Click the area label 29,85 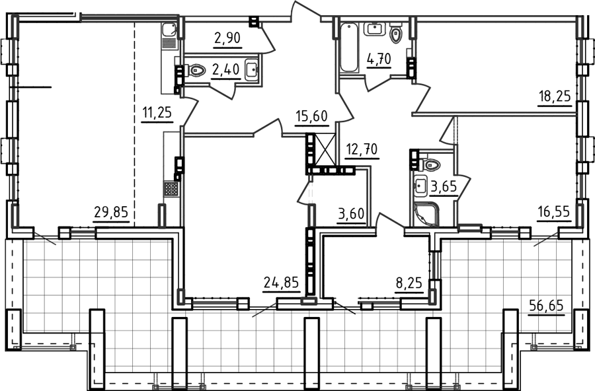111,213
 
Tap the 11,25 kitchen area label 157,113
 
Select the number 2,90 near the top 227,38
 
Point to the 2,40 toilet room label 226,70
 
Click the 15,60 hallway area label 312,116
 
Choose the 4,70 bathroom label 379,59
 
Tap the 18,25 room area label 555,96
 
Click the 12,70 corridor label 362,150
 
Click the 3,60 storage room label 351,214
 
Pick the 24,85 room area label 282,283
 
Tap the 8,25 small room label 409,283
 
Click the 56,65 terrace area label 547,305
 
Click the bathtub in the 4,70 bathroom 348,48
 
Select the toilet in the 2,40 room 196,70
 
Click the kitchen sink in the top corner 169,30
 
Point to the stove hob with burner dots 171,188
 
